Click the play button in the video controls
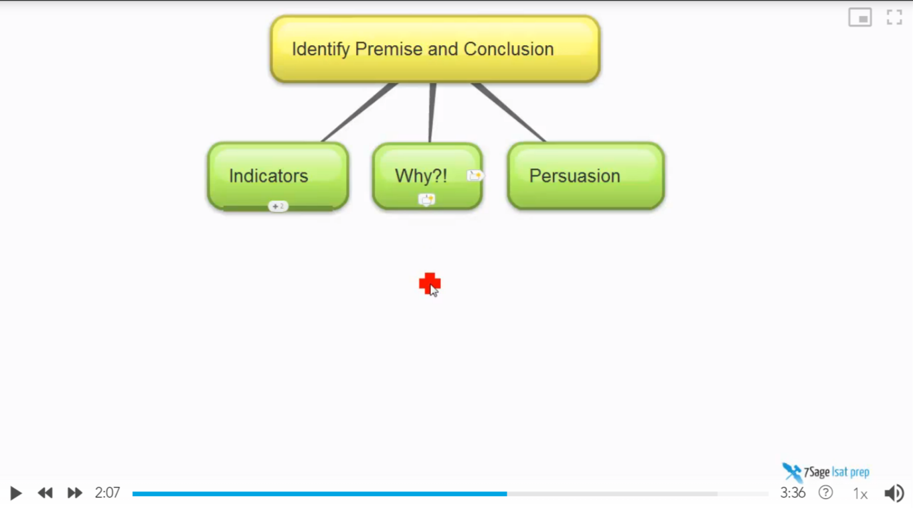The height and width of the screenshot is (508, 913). pos(15,493)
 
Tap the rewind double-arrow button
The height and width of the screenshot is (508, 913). pos(45,493)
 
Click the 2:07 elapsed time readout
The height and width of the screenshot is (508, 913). pos(107,493)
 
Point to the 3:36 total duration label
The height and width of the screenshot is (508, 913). pos(793,493)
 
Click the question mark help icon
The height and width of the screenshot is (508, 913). pos(826,493)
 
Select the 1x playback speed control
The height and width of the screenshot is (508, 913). pos(860,494)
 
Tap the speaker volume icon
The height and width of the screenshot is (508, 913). pos(894,493)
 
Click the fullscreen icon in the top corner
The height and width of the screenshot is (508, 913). pos(894,17)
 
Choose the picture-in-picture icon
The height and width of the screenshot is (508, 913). pos(860,17)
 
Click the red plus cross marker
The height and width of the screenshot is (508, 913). pos(430,283)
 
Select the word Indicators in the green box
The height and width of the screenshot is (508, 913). pos(269,176)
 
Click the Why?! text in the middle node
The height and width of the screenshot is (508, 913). pos(421,176)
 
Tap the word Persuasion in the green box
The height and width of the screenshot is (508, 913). pos(575,176)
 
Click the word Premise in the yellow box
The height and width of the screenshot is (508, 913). pos(389,49)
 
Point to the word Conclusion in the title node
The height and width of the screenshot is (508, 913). pos(509,49)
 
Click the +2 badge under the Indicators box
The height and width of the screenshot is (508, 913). pos(278,206)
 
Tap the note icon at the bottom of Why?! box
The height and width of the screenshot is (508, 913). pos(426,200)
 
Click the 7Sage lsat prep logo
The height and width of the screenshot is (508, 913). pos(826,472)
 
